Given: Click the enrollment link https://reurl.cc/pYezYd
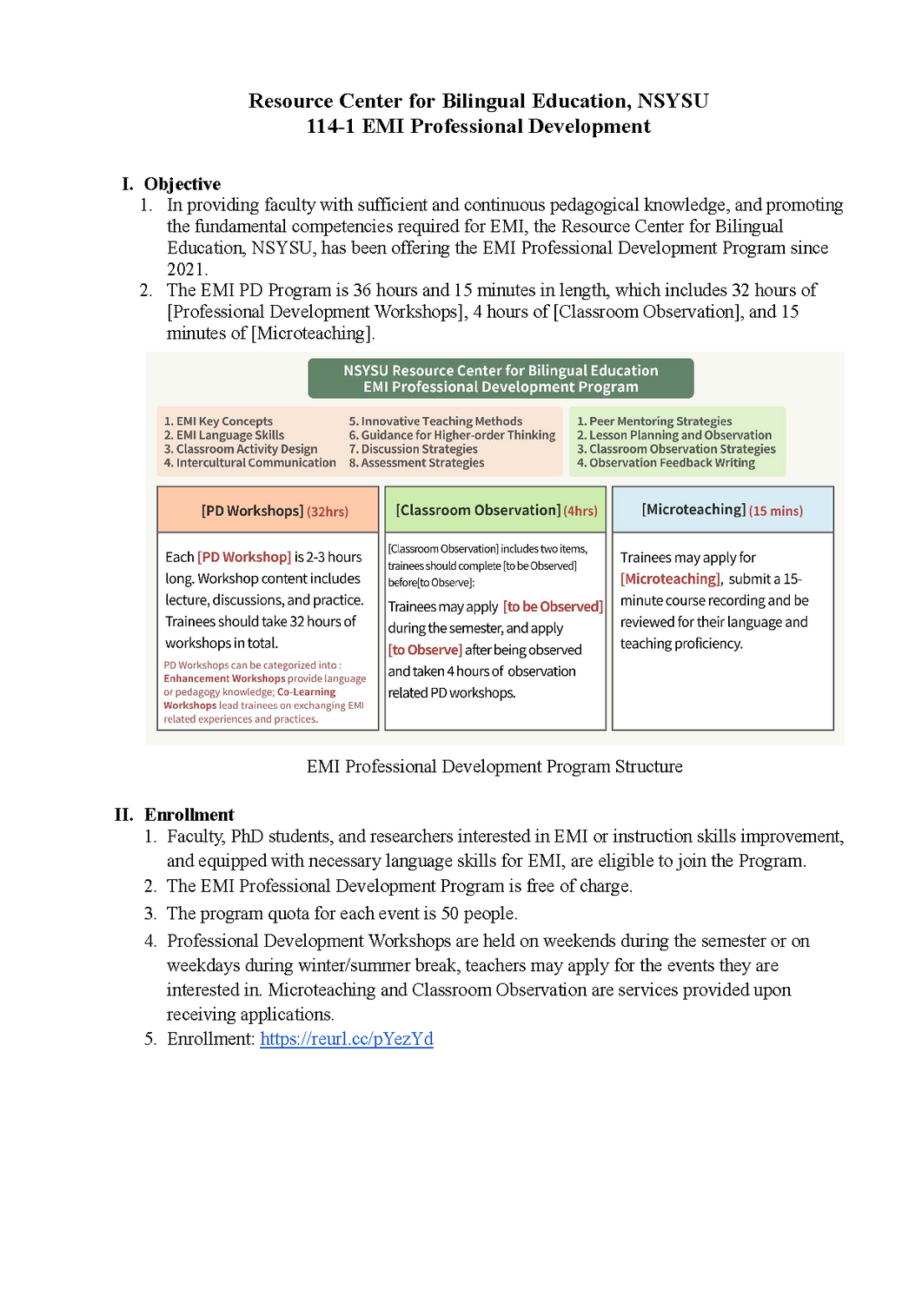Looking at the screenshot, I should pos(346,1039).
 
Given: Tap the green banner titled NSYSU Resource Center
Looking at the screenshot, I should pos(501,379).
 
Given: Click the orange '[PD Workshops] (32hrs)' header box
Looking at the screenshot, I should pos(268,511).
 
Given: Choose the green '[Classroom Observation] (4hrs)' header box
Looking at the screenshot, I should pos(495,511).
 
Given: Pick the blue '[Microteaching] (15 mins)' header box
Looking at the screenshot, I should pos(722,510).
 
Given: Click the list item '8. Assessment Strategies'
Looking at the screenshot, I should pos(416,463).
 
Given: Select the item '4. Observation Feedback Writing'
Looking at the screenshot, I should pos(666,463).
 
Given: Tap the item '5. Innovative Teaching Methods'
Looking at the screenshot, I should pos(435,421).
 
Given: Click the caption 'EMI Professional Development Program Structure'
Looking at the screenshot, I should pos(494,767).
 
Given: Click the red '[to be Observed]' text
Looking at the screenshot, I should pos(553,606).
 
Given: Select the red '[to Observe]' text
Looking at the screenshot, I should pos(425,650).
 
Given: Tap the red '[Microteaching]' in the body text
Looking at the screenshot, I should pos(670,579).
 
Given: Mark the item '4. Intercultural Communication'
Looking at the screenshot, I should pos(249,463).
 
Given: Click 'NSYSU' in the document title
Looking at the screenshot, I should pos(673,102).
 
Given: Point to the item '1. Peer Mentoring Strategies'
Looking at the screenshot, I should pos(654,421).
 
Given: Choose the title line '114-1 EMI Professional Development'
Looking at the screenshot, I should pos(478,127).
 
